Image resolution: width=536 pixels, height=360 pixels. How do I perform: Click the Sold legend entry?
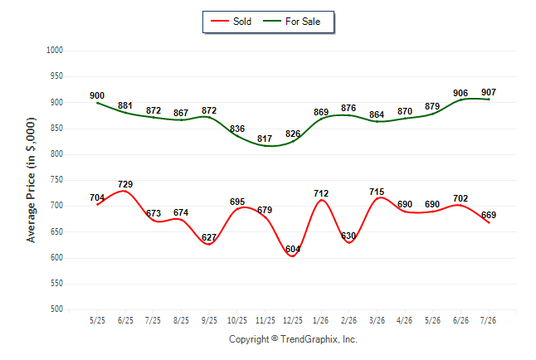point(231,22)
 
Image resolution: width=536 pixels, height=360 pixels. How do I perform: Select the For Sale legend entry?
point(291,22)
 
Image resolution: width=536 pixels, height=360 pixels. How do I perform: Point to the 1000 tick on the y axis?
point(55,51)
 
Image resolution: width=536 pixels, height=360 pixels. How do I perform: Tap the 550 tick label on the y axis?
point(56,284)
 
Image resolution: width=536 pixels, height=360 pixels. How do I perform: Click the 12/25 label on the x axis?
point(293,320)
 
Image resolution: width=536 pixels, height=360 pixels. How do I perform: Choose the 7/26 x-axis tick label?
point(488,320)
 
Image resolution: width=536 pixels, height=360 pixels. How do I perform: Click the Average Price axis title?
point(31,180)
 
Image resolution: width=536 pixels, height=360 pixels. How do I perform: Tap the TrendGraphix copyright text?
point(293,339)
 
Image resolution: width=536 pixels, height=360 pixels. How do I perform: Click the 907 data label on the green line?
point(489,92)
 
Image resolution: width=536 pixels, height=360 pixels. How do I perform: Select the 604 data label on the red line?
point(293,249)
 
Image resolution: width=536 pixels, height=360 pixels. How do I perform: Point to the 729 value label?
point(125,184)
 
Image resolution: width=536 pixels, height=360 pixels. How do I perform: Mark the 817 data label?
point(265,139)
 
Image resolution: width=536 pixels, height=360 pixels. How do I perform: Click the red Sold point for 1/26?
point(321,201)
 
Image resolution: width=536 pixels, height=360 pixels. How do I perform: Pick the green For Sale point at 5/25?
point(97,103)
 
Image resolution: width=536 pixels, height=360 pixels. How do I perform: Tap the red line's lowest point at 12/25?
point(293,256)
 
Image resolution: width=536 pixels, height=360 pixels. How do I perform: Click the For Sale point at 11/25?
point(265,146)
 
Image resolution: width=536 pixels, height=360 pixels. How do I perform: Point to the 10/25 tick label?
point(237,320)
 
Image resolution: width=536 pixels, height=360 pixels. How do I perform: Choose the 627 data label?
point(209,237)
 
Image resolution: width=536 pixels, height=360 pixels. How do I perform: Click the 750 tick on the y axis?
point(56,180)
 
